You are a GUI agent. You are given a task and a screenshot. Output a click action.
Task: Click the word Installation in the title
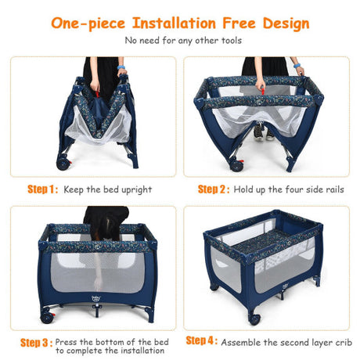pyautogui.click(x=174, y=23)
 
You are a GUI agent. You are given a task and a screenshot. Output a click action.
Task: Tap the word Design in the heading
pyautogui.click(x=286, y=24)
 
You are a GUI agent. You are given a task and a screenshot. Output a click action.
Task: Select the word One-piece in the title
pyautogui.click(x=88, y=24)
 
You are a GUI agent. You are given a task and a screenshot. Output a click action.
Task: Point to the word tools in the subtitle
pyautogui.click(x=232, y=41)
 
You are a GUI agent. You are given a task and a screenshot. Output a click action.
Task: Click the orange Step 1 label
pyautogui.click(x=43, y=189)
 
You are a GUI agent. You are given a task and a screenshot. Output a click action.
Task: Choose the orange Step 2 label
pyautogui.click(x=214, y=189)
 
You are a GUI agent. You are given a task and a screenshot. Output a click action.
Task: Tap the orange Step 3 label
pyautogui.click(x=37, y=343)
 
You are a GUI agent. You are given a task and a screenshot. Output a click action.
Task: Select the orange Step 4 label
pyautogui.click(x=202, y=340)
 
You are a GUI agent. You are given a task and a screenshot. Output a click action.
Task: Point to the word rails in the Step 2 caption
pyautogui.click(x=335, y=189)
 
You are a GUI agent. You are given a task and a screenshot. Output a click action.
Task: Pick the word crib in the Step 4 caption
pyautogui.click(x=344, y=342)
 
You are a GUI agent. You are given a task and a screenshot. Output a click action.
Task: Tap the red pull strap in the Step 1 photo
pyautogui.click(x=98, y=94)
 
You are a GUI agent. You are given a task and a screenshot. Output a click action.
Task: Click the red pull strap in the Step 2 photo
pyautogui.click(x=262, y=92)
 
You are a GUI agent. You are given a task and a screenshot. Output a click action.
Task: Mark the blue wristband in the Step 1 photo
pyautogui.click(x=121, y=67)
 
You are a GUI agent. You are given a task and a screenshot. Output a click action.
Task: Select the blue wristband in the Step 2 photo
pyautogui.click(x=297, y=65)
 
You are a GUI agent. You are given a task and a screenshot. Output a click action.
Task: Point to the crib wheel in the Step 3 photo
pyautogui.click(x=47, y=318)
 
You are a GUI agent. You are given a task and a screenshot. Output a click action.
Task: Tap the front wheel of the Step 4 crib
pyautogui.click(x=254, y=319)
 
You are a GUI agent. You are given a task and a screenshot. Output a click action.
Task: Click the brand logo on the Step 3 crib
pyautogui.click(x=96, y=297)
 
